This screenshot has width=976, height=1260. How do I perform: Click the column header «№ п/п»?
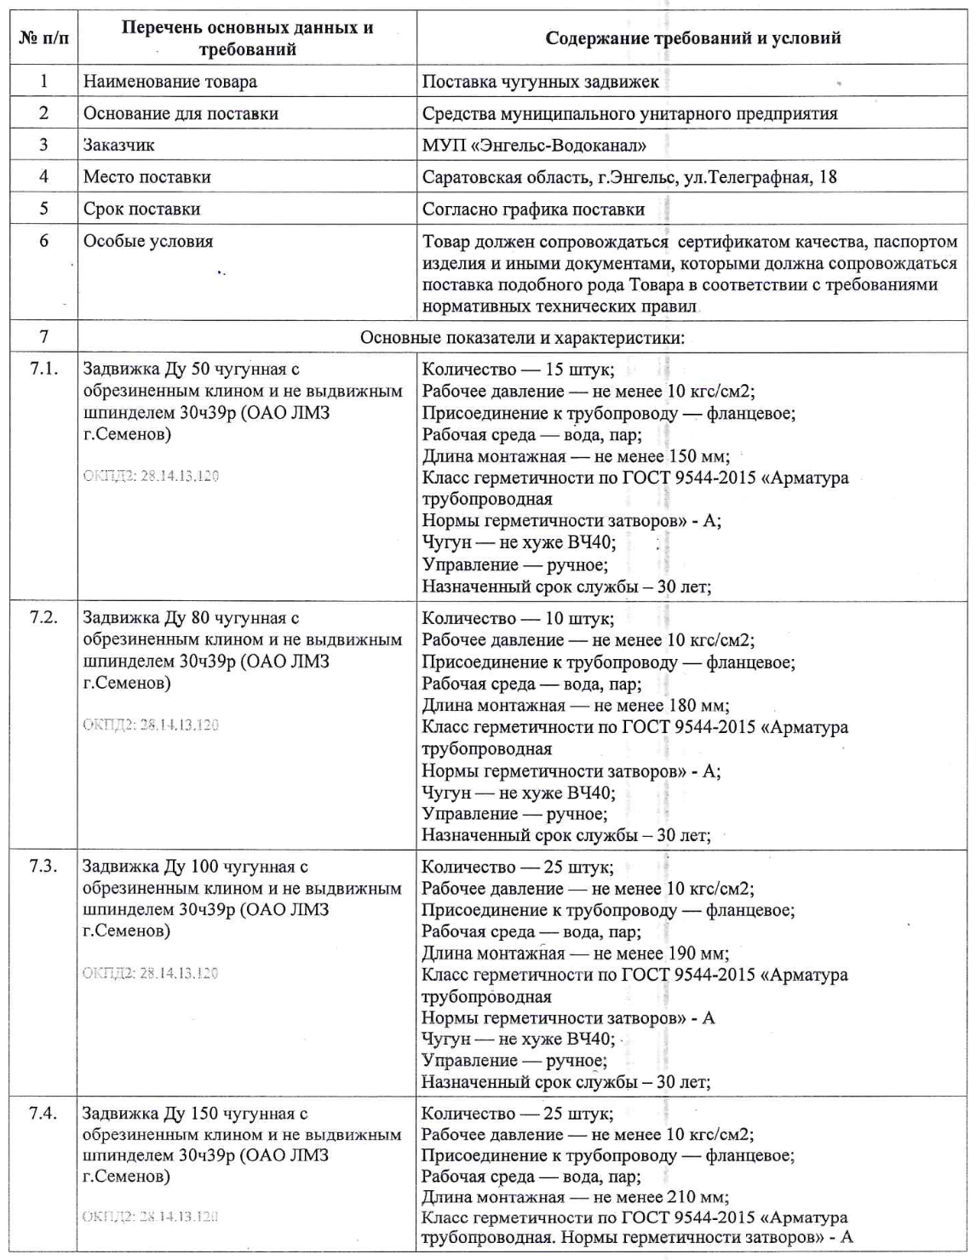coord(44,39)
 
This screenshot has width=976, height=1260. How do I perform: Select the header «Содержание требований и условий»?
coord(692,38)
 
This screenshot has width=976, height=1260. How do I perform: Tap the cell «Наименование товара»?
coord(169,82)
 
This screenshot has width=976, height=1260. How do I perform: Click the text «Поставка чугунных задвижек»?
coord(540,82)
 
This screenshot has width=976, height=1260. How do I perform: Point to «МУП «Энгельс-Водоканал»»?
coord(534,145)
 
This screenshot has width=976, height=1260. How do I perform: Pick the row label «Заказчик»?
coord(118,145)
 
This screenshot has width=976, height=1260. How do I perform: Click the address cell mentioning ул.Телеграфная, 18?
coord(629,177)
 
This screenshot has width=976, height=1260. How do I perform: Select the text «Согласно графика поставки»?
coord(533,209)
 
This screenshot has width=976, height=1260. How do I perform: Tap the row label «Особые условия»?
coord(147,241)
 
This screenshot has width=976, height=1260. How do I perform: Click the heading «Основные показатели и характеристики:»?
coord(522,338)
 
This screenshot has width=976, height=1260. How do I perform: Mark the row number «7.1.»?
coord(43,369)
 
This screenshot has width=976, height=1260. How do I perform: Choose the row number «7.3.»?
coord(43,867)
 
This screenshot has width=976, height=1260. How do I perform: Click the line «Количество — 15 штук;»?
coord(518,369)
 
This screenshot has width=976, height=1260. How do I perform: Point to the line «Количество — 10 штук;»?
coord(518,618)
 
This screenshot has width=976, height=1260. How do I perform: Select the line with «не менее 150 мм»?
coord(576,456)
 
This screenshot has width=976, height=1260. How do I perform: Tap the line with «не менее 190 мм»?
coord(575,954)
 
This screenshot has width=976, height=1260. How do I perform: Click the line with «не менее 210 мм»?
coord(575,1197)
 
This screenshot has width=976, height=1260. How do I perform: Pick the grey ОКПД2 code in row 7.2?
coord(150,724)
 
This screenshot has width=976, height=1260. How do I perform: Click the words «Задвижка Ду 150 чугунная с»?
coord(195,1114)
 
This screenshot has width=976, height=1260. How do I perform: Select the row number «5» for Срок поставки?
coord(43,209)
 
